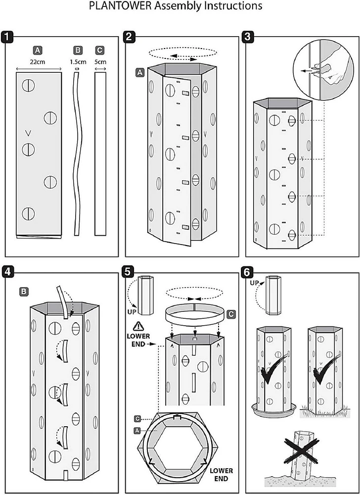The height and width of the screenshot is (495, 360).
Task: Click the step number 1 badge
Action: (8, 37)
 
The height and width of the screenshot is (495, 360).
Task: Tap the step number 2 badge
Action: (129, 37)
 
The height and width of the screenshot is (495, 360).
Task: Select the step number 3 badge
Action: (249, 37)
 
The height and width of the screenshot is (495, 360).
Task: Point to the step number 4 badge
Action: (8, 271)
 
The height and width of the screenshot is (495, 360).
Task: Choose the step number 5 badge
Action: (129, 271)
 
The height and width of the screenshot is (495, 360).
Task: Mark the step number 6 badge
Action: (249, 271)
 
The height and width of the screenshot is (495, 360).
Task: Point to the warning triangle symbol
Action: (138, 327)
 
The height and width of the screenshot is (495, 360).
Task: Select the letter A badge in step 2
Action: (140, 72)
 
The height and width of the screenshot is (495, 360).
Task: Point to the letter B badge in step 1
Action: (78, 50)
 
